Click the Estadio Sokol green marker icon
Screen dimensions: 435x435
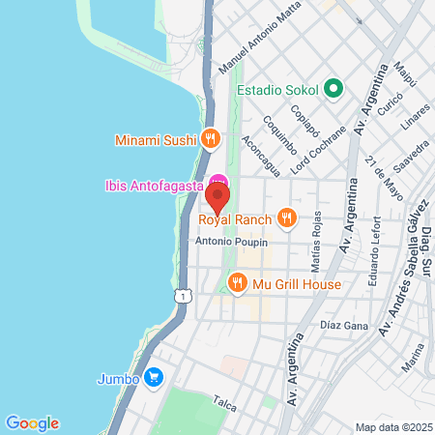click(334, 89)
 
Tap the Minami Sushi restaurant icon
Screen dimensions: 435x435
click(209, 138)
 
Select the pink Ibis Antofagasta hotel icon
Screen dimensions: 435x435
click(218, 181)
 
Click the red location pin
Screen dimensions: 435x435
click(217, 199)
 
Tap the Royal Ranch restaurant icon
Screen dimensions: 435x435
click(286, 217)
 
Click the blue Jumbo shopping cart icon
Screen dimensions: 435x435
click(152, 378)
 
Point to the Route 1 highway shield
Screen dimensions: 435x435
click(181, 296)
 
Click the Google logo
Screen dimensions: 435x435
click(32, 422)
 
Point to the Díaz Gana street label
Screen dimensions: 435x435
click(344, 326)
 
